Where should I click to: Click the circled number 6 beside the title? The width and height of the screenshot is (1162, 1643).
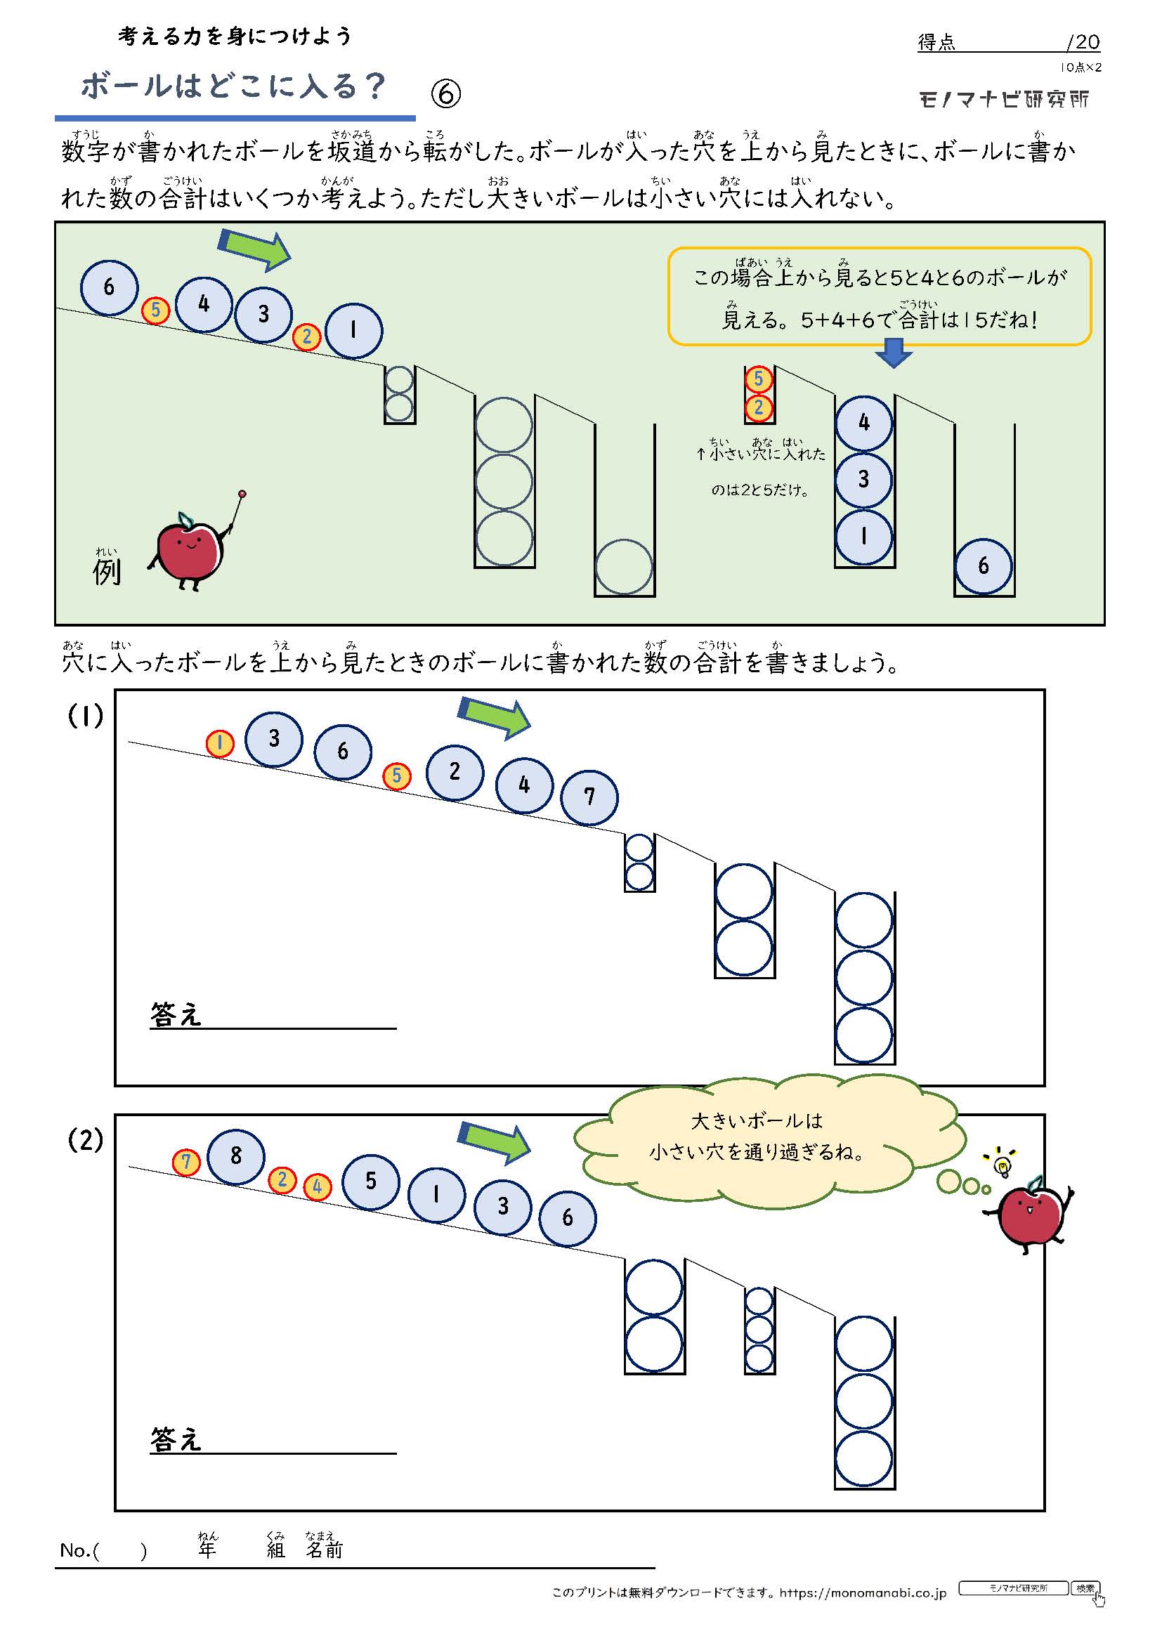[446, 93]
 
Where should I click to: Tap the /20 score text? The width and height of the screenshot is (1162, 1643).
[1083, 41]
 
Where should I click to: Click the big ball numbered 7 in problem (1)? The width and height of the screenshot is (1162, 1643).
[589, 797]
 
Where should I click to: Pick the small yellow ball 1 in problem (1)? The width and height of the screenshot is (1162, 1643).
[220, 743]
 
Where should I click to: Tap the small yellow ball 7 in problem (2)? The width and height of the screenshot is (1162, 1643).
[186, 1161]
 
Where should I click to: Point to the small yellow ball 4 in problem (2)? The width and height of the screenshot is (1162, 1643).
[317, 1187]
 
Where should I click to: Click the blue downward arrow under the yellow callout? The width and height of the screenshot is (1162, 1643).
[893, 353]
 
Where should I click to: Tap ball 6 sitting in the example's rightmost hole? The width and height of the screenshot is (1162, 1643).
[983, 566]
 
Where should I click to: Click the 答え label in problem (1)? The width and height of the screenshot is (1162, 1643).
[176, 1014]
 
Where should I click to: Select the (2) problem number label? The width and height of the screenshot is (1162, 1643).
[85, 1140]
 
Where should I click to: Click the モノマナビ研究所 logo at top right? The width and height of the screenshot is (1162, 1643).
[1004, 99]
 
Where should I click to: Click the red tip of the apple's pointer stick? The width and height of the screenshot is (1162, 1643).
[242, 494]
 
